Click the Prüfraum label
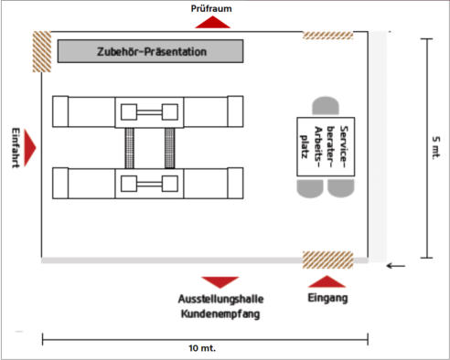click(211, 8)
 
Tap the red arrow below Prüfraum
click(212, 22)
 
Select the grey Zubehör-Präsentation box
click(150, 51)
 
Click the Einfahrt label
click(16, 147)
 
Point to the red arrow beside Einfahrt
click(29, 148)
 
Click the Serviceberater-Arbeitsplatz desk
click(326, 147)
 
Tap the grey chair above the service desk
click(326, 107)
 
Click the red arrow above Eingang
click(327, 281)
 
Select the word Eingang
click(327, 298)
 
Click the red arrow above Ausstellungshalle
click(220, 282)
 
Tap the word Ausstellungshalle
click(221, 299)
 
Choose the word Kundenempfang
click(220, 313)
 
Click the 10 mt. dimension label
click(202, 348)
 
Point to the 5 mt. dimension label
click(436, 147)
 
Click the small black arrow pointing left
click(396, 266)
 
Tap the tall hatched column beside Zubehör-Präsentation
click(42, 51)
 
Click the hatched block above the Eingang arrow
click(327, 259)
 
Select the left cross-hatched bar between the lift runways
click(129, 148)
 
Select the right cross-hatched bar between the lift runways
click(169, 148)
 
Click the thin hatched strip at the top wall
click(327, 36)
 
